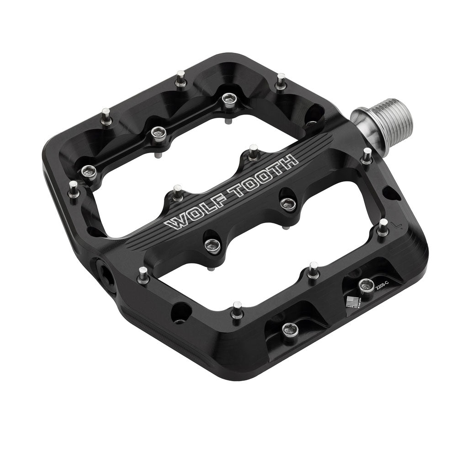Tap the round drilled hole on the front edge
coord(179,313)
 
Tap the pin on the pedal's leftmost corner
coord(73,188)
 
